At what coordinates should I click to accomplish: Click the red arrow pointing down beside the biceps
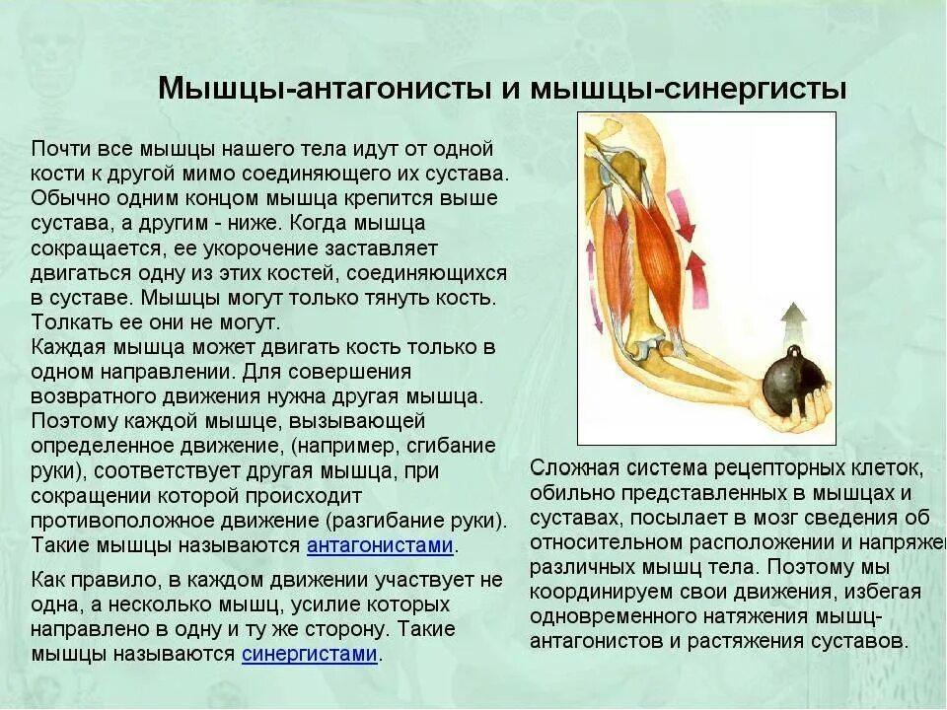point(681,211)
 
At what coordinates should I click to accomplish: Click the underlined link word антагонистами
point(380,546)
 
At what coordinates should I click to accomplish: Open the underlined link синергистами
point(309,655)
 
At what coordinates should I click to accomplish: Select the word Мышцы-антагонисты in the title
point(323,88)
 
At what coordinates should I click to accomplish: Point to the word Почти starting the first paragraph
point(61,148)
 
